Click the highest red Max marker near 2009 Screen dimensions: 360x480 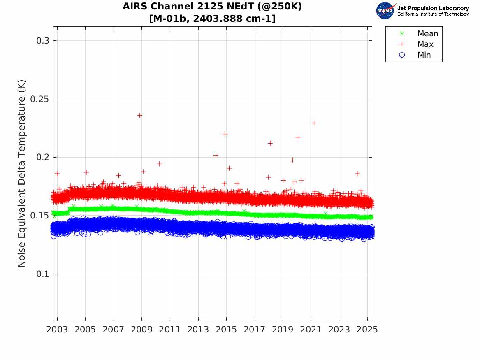coord(139,115)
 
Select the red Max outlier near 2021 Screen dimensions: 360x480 coord(314,123)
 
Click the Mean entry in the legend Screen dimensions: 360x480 coord(428,33)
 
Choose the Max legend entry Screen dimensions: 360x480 coord(425,44)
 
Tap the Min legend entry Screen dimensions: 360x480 coord(424,55)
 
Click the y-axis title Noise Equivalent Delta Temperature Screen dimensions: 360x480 coord(22,174)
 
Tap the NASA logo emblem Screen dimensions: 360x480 coord(385,10)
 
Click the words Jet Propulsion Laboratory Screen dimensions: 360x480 coord(433,8)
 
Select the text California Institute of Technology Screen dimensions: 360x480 coord(433,14)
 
